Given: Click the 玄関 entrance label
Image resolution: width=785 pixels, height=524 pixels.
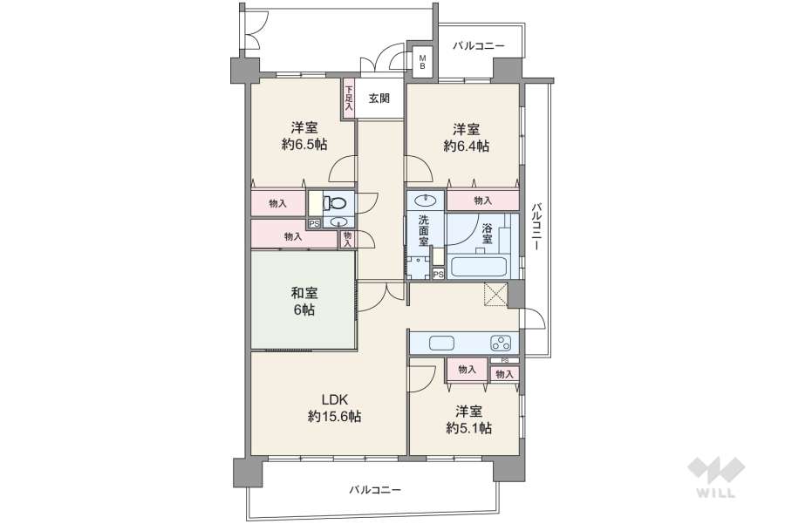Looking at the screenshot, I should pos(379,99).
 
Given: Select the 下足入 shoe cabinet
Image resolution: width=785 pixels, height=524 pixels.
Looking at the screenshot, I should pos(349,96).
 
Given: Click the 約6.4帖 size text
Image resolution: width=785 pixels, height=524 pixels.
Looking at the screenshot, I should pos(466,146).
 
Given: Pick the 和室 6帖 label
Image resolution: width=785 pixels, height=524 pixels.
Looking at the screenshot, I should pos(304,302).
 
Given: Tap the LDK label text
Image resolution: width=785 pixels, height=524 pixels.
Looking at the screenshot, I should pos(335,399).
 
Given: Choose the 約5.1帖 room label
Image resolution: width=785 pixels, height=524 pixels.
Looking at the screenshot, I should pos(468,427).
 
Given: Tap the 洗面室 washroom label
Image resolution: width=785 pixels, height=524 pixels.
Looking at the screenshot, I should pos(423,231).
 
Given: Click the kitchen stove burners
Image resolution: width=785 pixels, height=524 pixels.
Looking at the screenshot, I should pos(502,342).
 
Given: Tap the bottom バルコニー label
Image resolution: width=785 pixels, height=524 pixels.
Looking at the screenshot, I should pos(375,490).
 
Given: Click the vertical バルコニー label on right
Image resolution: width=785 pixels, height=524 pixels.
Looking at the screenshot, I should pos(536,227).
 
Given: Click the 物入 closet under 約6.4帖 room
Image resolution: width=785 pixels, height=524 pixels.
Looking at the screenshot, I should pos(482,201).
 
